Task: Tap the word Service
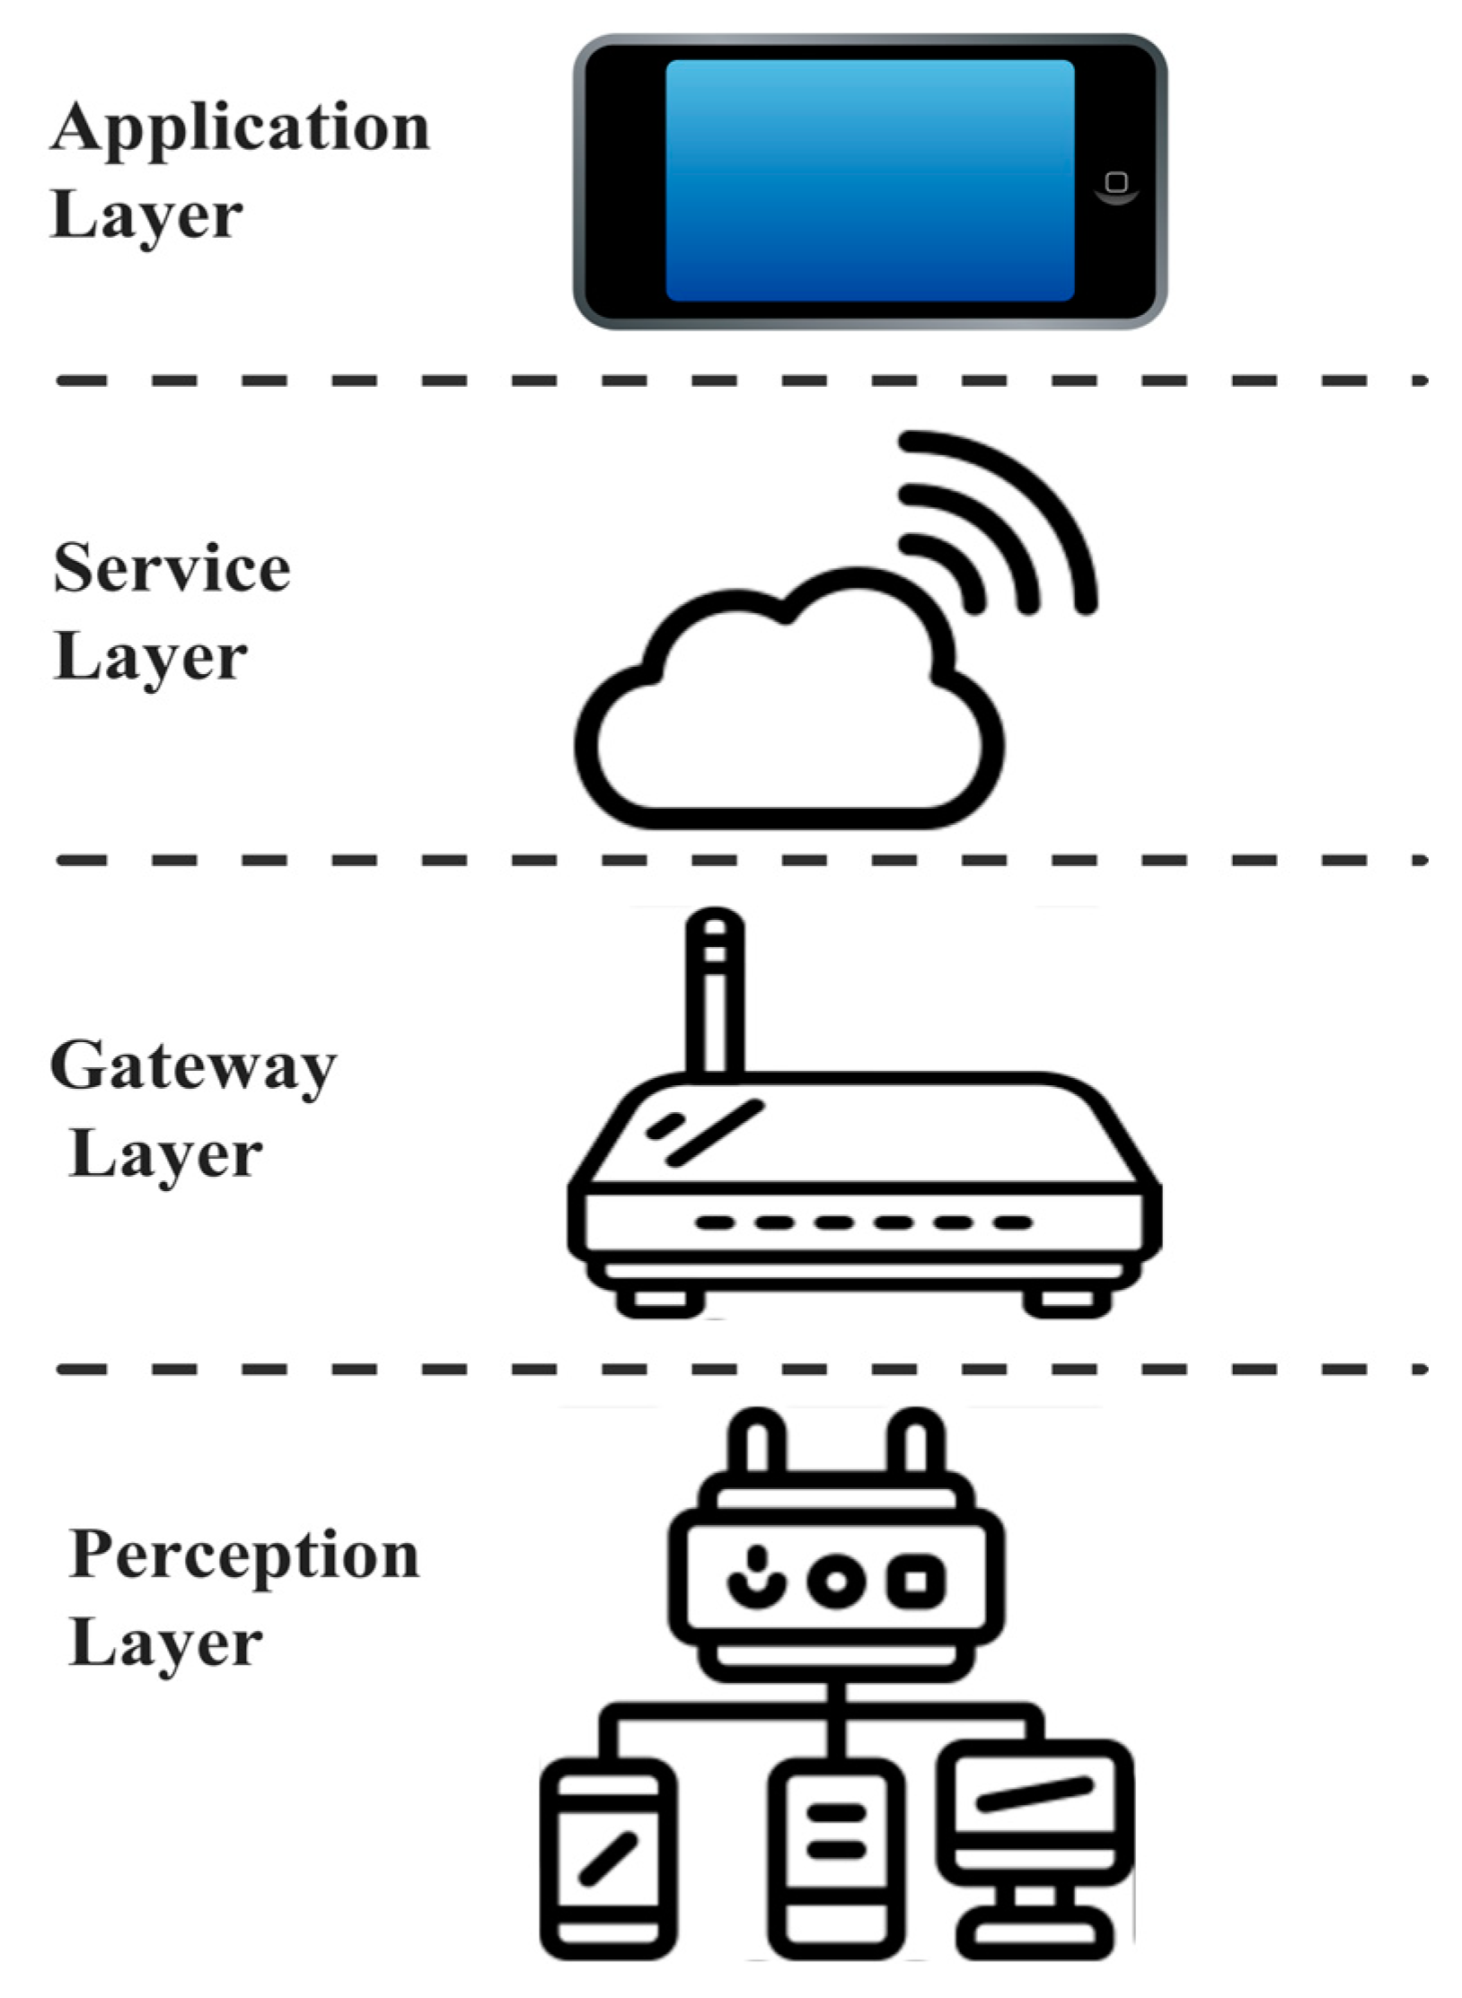click(x=172, y=569)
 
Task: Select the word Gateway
click(x=193, y=1067)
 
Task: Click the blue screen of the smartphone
click(x=869, y=180)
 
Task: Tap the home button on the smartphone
click(x=1116, y=183)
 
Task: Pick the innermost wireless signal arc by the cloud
click(x=957, y=565)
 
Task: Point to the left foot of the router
click(x=660, y=1301)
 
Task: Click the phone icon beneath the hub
click(x=608, y=1858)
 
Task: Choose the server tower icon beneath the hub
click(x=836, y=1858)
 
